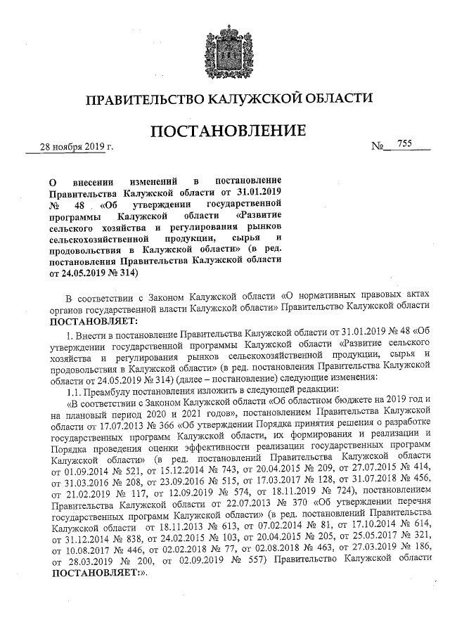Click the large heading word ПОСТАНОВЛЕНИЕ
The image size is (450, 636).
click(x=224, y=131)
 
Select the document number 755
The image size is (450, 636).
click(x=404, y=143)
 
